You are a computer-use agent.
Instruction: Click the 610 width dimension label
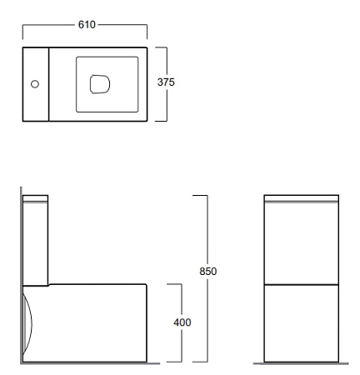[x=87, y=25]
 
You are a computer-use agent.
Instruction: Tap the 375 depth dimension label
[x=166, y=82]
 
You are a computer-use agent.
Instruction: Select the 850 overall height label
[x=208, y=271]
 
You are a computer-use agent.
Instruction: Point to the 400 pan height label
[x=182, y=322]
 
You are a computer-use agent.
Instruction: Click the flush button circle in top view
[x=35, y=84]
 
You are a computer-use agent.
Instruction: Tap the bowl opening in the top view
[x=100, y=84]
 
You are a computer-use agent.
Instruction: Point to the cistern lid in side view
[x=36, y=198]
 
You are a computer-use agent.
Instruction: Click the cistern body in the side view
[x=36, y=243]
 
